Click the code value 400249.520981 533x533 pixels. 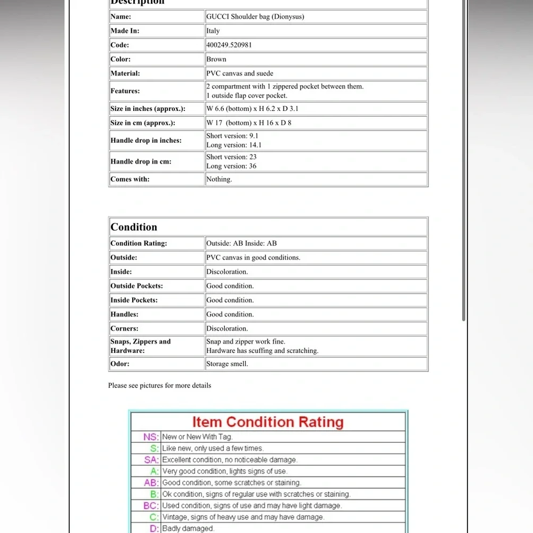[229, 45]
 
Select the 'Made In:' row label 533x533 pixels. [125, 31]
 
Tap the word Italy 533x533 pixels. [213, 31]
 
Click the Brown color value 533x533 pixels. [216, 59]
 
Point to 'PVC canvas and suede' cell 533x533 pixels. [240, 74]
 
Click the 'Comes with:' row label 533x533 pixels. [130, 180]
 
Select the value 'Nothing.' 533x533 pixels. [219, 180]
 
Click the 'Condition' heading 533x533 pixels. [134, 227]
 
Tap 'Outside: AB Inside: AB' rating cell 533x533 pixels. [241, 244]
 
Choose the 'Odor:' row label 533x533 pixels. [120, 364]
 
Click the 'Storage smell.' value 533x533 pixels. [227, 364]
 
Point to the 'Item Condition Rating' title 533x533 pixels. [268, 422]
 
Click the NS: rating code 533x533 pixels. [151, 437]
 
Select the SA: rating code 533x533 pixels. [151, 460]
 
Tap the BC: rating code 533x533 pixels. [151, 506]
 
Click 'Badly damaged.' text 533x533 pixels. [188, 529]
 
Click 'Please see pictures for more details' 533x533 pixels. [159, 385]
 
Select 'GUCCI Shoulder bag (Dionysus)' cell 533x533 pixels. [255, 17]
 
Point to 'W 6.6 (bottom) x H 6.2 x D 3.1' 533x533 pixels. [253, 109]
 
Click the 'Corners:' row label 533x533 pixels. [124, 329]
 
